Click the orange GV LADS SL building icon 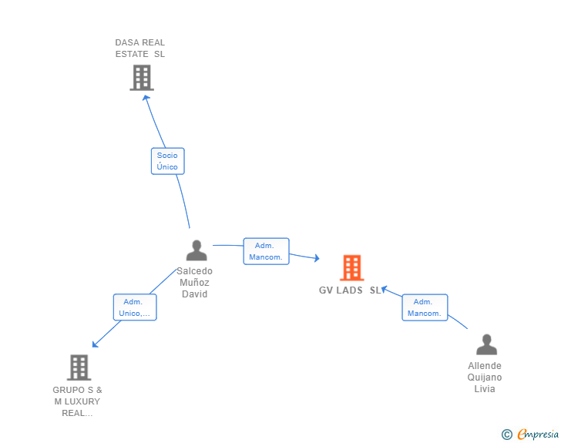pyautogui.click(x=351, y=267)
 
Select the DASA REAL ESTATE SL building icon pyautogui.click(x=142, y=78)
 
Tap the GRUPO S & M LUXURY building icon pyautogui.click(x=79, y=367)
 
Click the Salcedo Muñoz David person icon pyautogui.click(x=197, y=250)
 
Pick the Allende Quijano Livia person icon pyautogui.click(x=486, y=344)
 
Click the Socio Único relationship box pyautogui.click(x=167, y=161)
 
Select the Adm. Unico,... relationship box pyautogui.click(x=135, y=307)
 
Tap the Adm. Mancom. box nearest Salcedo pyautogui.click(x=266, y=251)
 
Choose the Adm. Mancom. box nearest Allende pyautogui.click(x=425, y=307)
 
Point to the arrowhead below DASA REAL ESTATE pyautogui.click(x=146, y=98)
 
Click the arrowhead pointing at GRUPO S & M pyautogui.click(x=95, y=344)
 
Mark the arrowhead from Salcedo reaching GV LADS pyautogui.click(x=317, y=258)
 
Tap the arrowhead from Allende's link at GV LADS pyautogui.click(x=385, y=289)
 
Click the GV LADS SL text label pyautogui.click(x=350, y=290)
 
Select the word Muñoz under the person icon pyautogui.click(x=194, y=283)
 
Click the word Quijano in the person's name pyautogui.click(x=485, y=378)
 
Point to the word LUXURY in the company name pyautogui.click(x=82, y=401)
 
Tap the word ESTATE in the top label pyautogui.click(x=132, y=54)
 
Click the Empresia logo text pyautogui.click(x=537, y=434)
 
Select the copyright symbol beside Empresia pyautogui.click(x=506, y=435)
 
